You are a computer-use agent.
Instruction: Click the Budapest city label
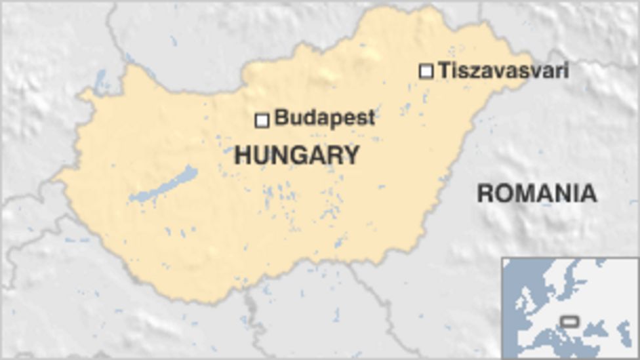tap(325, 118)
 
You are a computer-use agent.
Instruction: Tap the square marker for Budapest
tap(262, 120)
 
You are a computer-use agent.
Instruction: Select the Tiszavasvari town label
tap(503, 70)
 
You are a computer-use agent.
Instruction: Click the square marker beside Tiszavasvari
tap(426, 71)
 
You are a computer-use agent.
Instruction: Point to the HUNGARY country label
tap(297, 155)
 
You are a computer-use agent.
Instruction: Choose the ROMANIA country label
tap(536, 193)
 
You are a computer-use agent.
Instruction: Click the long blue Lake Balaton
tap(164, 185)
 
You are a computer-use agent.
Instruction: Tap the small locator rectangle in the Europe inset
tap(570, 321)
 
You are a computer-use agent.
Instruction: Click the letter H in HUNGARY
tap(243, 155)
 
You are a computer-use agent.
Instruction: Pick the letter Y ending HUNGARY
tap(352, 155)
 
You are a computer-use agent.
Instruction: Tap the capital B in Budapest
tap(281, 118)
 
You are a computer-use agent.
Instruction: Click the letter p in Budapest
tap(331, 120)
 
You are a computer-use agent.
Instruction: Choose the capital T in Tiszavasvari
tap(445, 70)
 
